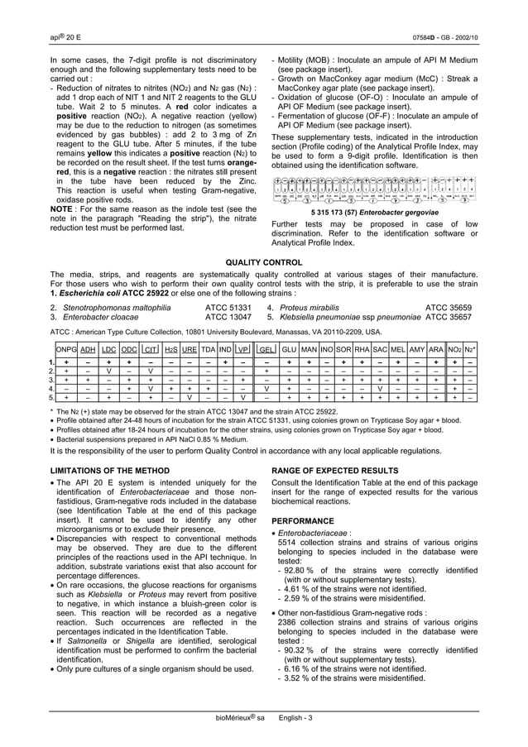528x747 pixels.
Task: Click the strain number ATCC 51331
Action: click(x=228, y=306)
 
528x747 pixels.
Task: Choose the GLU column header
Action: click(x=289, y=351)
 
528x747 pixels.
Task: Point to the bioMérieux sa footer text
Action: click(x=231, y=716)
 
